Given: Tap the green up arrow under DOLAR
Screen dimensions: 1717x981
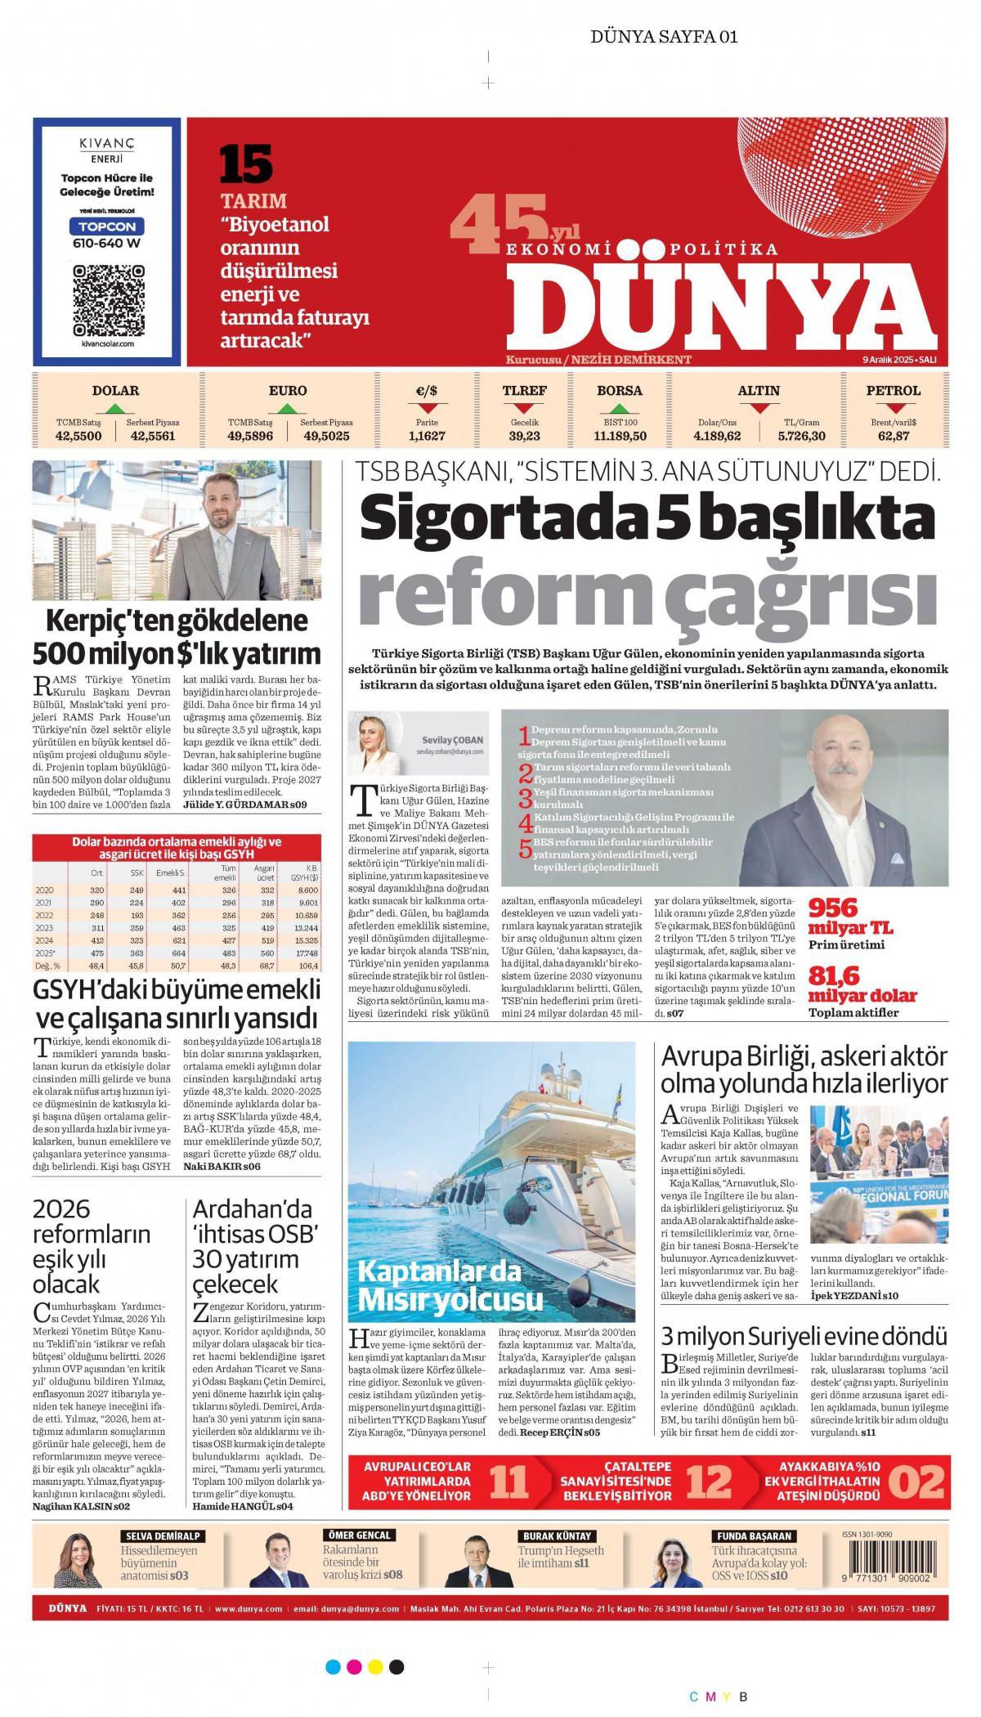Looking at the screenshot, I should (115, 407).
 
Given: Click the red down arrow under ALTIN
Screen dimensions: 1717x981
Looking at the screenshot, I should (759, 407).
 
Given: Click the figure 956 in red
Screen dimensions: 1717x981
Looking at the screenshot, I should (833, 908).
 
